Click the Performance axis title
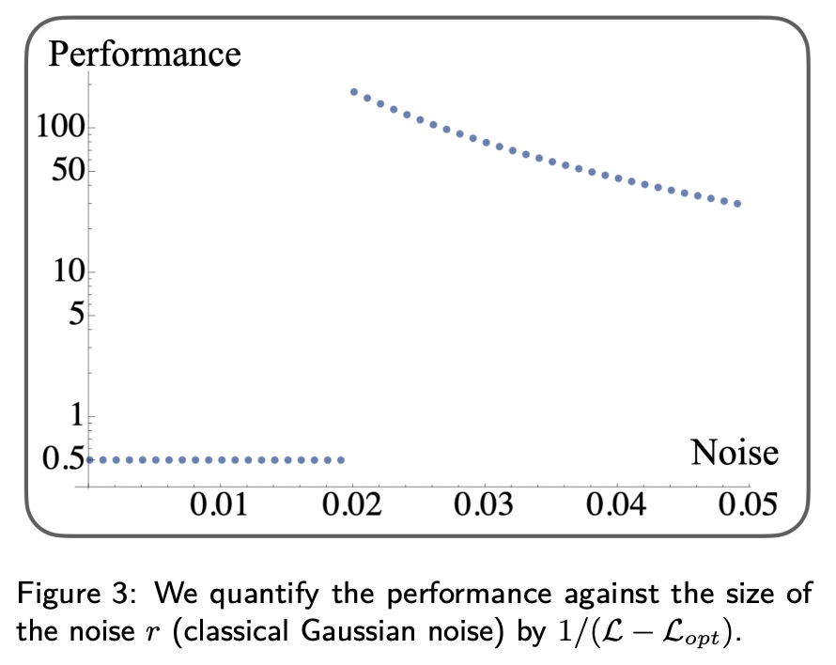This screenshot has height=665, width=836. [x=144, y=54]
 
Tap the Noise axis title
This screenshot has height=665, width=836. [x=735, y=454]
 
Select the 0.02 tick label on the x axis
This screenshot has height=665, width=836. [x=351, y=507]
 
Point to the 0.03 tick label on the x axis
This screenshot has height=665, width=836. [x=484, y=507]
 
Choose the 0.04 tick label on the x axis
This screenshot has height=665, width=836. [x=616, y=507]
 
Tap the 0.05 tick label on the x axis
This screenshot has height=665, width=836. [x=749, y=507]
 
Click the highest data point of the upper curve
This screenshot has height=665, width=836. [x=354, y=92]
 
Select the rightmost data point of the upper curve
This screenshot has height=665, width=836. [x=738, y=203]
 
